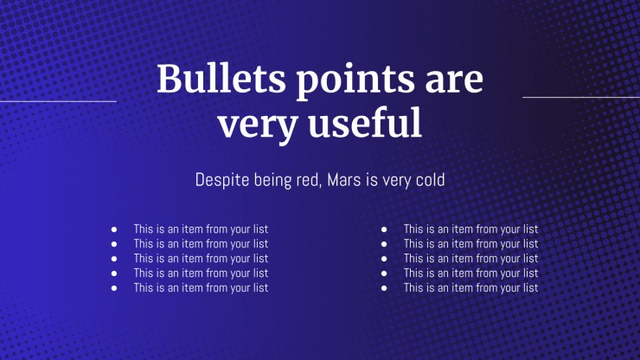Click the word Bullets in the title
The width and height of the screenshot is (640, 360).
click(221, 78)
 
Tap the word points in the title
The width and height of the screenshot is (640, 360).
click(355, 80)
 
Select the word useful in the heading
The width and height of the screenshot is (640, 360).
click(365, 122)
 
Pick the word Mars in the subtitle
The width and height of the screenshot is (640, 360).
click(344, 180)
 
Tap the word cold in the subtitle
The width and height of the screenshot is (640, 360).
click(430, 180)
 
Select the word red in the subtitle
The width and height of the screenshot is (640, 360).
click(309, 180)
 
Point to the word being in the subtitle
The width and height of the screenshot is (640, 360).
click(273, 181)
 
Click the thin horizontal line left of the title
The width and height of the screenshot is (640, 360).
click(58, 101)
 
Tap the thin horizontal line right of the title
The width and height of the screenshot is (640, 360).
click(581, 97)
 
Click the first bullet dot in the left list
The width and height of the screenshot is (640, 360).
click(114, 229)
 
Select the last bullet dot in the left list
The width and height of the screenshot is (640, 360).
click(114, 288)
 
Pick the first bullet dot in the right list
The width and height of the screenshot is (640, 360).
click(384, 229)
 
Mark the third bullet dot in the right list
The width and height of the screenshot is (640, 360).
click(384, 259)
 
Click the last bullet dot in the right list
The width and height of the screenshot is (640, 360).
click(384, 288)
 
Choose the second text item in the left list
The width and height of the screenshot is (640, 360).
click(201, 244)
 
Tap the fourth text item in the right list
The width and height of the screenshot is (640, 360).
click(471, 273)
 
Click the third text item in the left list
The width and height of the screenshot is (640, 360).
click(201, 259)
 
